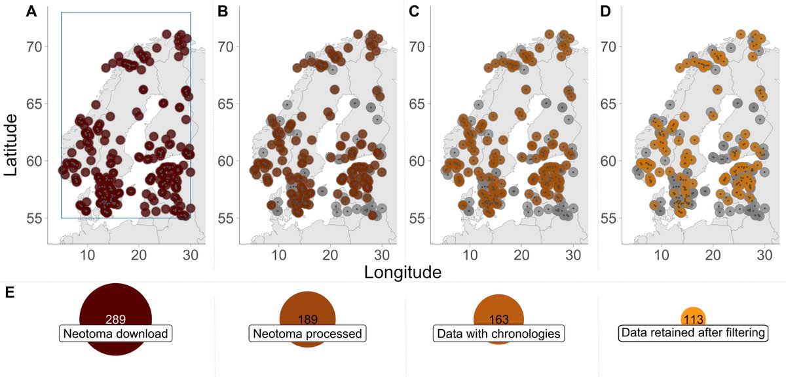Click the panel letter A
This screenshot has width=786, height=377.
(x=31, y=12)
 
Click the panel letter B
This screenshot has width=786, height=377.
(x=223, y=12)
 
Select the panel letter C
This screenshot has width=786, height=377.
(x=414, y=12)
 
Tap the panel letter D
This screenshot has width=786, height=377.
(x=606, y=12)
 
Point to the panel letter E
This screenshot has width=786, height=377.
(x=10, y=292)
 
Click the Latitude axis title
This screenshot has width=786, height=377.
(x=10, y=145)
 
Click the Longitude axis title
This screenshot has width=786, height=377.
(x=403, y=272)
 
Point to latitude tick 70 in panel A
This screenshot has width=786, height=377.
(x=34, y=47)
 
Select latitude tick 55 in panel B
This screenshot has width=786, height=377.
(x=225, y=218)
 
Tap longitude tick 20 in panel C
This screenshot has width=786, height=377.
(x=521, y=255)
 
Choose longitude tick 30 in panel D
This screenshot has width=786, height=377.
(x=764, y=255)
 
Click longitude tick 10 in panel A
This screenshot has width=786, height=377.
(x=87, y=255)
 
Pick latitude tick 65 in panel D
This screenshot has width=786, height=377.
(x=608, y=104)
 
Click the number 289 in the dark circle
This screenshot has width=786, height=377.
(x=115, y=319)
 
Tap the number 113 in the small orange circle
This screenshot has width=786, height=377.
(x=694, y=319)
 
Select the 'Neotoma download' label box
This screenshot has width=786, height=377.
(x=115, y=333)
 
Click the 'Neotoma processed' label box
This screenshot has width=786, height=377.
(x=307, y=333)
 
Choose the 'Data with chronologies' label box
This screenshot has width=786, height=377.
(x=498, y=333)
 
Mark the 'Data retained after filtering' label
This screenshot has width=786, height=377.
(x=693, y=332)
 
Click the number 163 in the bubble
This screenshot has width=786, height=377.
(x=498, y=319)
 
